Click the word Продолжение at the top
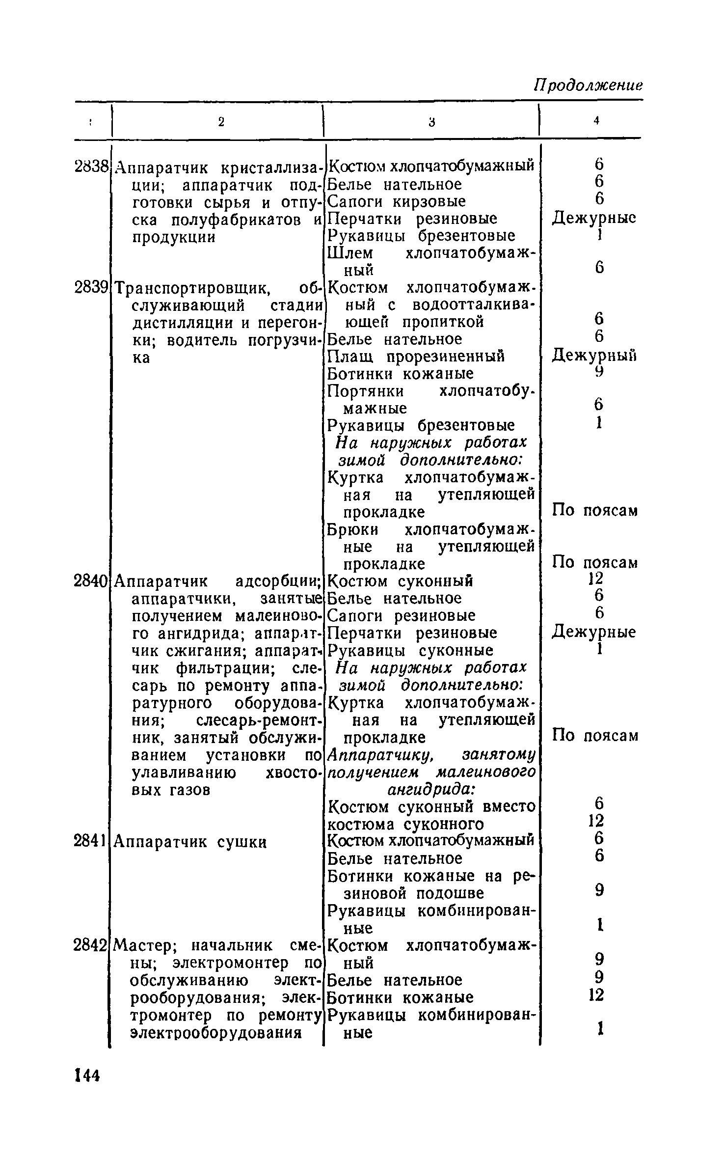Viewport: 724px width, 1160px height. [589, 85]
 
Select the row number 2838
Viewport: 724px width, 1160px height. [92, 167]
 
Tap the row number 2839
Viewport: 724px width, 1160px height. [92, 287]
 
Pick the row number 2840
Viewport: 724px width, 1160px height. [91, 581]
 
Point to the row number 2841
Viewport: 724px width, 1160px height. [92, 842]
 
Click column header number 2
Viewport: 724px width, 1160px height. [221, 122]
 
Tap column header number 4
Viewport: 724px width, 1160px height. [596, 121]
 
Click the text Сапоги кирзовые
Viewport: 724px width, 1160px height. [397, 202]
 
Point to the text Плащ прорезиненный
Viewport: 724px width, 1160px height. [416, 356]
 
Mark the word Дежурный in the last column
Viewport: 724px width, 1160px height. [594, 355]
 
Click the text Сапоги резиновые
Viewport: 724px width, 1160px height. [402, 615]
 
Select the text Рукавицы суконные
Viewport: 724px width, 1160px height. [410, 650]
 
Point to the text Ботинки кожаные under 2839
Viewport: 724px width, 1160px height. [401, 374]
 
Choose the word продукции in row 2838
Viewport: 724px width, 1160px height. [174, 237]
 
